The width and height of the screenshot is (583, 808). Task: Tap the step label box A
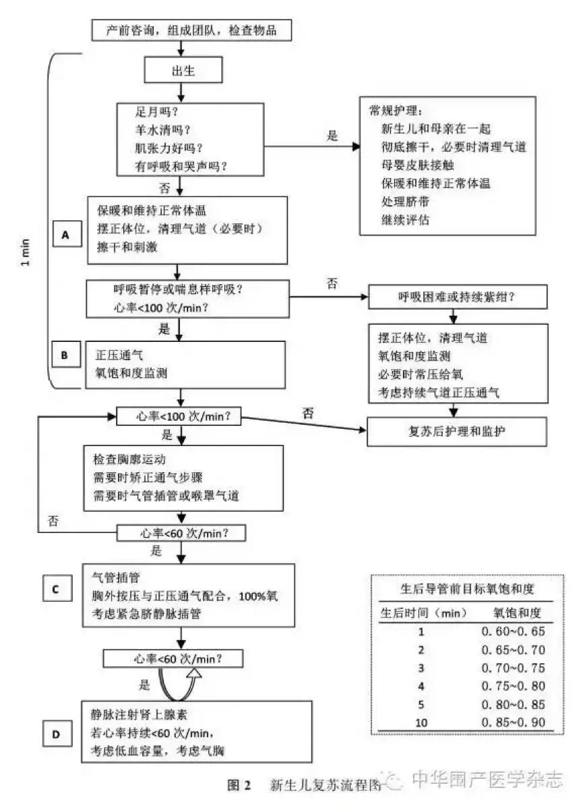coord(65,234)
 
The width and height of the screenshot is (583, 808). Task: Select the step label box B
coord(65,355)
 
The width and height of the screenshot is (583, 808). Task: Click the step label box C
coord(55,589)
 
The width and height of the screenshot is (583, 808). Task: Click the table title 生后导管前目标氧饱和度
coord(464,588)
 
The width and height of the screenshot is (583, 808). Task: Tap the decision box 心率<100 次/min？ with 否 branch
coord(179,416)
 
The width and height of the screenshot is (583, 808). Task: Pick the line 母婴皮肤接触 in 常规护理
coord(418,163)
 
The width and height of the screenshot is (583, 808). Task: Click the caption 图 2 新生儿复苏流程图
coord(303,785)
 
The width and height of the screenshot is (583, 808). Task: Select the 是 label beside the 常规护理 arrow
coord(332,135)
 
